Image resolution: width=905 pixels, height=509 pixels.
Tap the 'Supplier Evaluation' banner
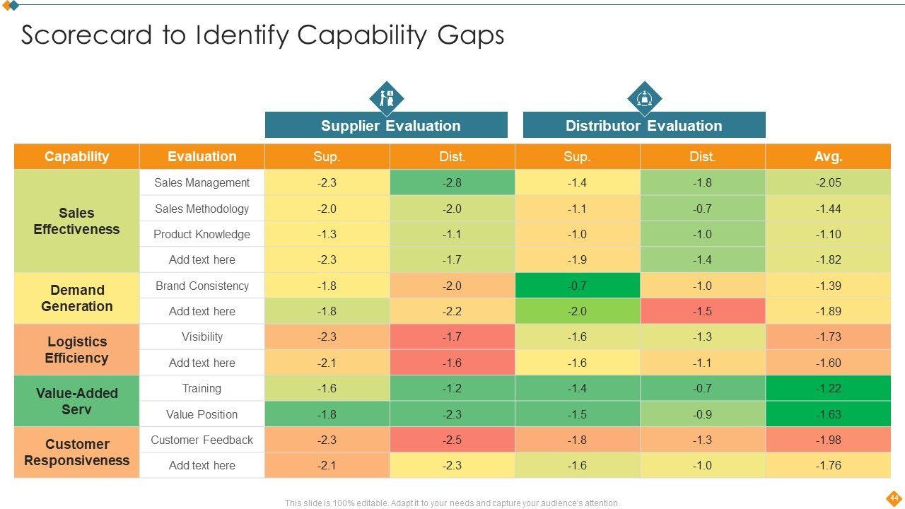point(386,126)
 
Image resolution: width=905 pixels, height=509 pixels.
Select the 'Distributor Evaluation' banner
point(643,126)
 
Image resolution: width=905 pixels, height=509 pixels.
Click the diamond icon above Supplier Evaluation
point(387,98)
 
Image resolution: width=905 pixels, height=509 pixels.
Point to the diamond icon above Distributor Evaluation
point(644,98)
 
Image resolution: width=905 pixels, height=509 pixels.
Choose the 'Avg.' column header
point(828,156)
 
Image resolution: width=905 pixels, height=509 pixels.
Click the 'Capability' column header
point(76,156)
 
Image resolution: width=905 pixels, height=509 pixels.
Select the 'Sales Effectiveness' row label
point(76,221)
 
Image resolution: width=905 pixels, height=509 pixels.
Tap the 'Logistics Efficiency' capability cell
point(76,350)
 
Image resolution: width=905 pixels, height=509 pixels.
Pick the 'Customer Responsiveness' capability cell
point(76,452)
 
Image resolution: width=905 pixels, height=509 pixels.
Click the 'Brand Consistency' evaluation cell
point(202,286)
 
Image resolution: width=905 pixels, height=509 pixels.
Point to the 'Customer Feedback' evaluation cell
point(202,440)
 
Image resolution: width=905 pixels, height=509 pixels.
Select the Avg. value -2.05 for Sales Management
point(828,182)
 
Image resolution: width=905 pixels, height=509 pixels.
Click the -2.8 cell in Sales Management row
point(452,182)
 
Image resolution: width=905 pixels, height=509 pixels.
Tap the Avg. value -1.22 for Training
point(828,388)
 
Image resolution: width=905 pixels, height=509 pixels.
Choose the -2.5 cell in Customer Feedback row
point(452,440)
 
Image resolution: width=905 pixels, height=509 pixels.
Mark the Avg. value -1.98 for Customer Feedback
point(828,440)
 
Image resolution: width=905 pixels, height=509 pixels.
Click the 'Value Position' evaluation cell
point(202,414)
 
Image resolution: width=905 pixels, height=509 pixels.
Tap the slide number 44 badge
point(894,497)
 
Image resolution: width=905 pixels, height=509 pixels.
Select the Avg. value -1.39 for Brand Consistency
point(828,286)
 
